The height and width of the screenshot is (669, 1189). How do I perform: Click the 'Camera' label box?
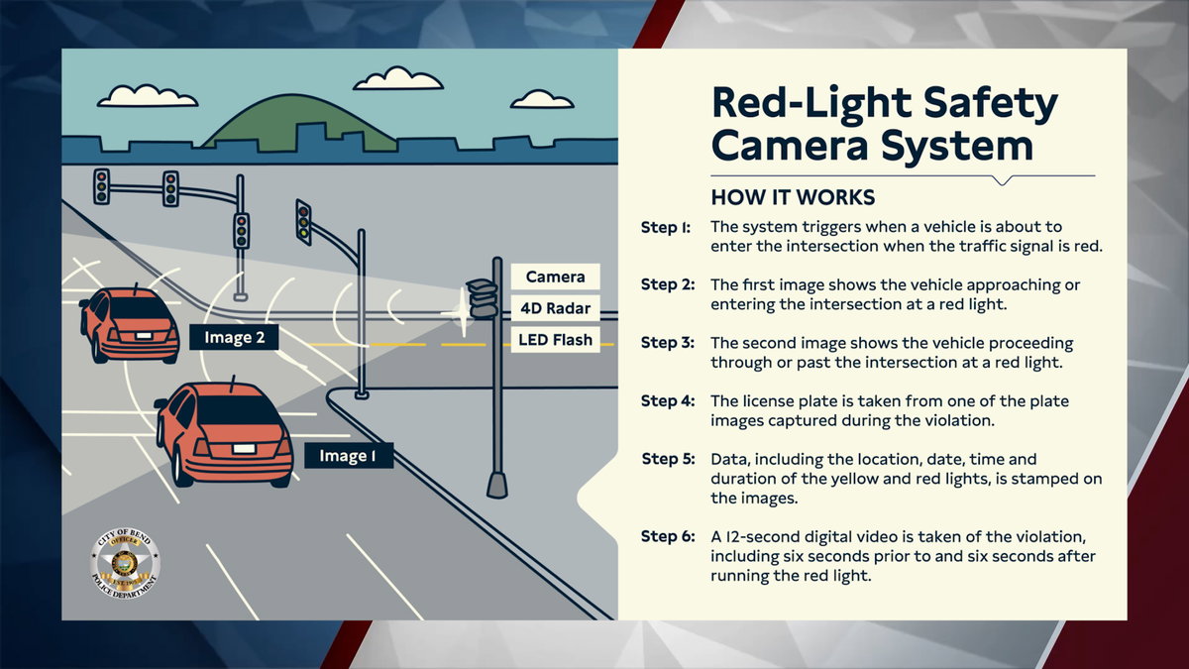click(x=555, y=278)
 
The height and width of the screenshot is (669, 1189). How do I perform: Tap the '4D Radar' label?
click(x=555, y=308)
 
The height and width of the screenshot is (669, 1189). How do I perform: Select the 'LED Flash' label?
click(x=555, y=340)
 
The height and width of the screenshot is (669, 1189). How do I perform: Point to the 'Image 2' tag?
click(x=234, y=337)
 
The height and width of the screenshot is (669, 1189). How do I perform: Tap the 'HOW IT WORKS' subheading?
click(x=793, y=196)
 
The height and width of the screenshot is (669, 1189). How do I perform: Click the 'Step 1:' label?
click(x=666, y=227)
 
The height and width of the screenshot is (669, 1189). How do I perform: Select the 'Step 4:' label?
click(x=666, y=401)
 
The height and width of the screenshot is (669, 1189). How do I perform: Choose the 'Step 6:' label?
click(x=666, y=536)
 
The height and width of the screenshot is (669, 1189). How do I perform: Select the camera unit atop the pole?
click(x=484, y=297)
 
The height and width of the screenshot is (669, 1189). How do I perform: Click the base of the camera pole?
click(x=497, y=485)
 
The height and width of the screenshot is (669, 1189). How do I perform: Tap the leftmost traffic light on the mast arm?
click(x=101, y=185)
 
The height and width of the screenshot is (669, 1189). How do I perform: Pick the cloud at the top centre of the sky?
click(x=398, y=79)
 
